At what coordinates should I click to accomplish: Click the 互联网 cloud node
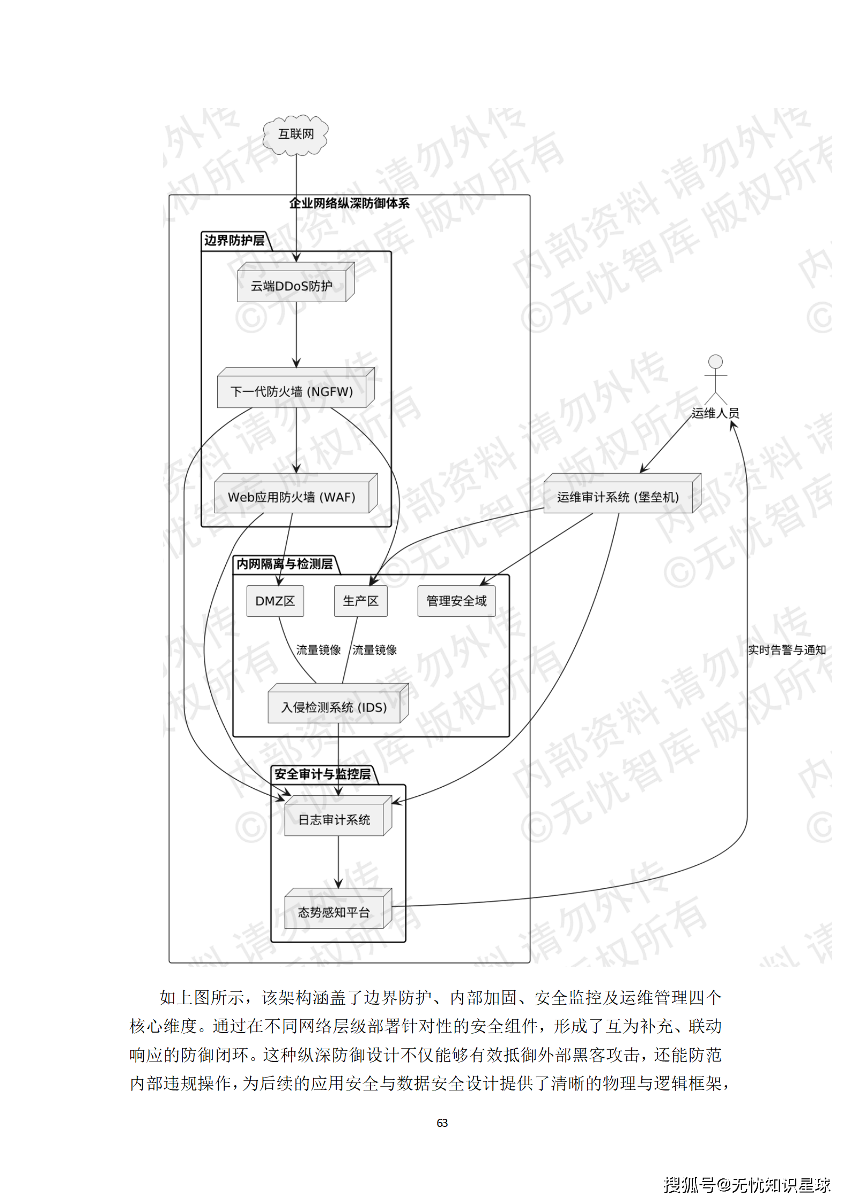pos(295,134)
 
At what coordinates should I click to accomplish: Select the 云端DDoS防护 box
pos(292,286)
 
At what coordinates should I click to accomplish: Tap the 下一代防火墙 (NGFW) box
pos(292,392)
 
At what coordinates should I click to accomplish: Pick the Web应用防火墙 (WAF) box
pos(292,497)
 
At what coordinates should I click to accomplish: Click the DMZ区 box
pos(275,601)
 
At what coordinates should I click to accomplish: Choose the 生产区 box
pos(360,601)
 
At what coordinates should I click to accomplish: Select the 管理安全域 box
pos(456,601)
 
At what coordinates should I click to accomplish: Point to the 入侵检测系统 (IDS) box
pos(335,707)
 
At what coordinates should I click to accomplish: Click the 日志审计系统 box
pos(335,820)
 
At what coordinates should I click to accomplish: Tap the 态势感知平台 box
pos(335,912)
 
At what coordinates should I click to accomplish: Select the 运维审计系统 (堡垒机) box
pos(618,497)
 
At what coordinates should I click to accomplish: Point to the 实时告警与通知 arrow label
pos(787,650)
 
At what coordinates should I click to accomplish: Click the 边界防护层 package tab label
pos(234,241)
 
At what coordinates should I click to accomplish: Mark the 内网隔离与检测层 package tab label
pos(285,564)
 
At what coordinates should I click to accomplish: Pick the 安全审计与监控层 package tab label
pos(323,774)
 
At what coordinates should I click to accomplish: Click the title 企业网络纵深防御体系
pos(349,204)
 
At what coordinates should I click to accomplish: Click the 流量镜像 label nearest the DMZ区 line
pos(319,650)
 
